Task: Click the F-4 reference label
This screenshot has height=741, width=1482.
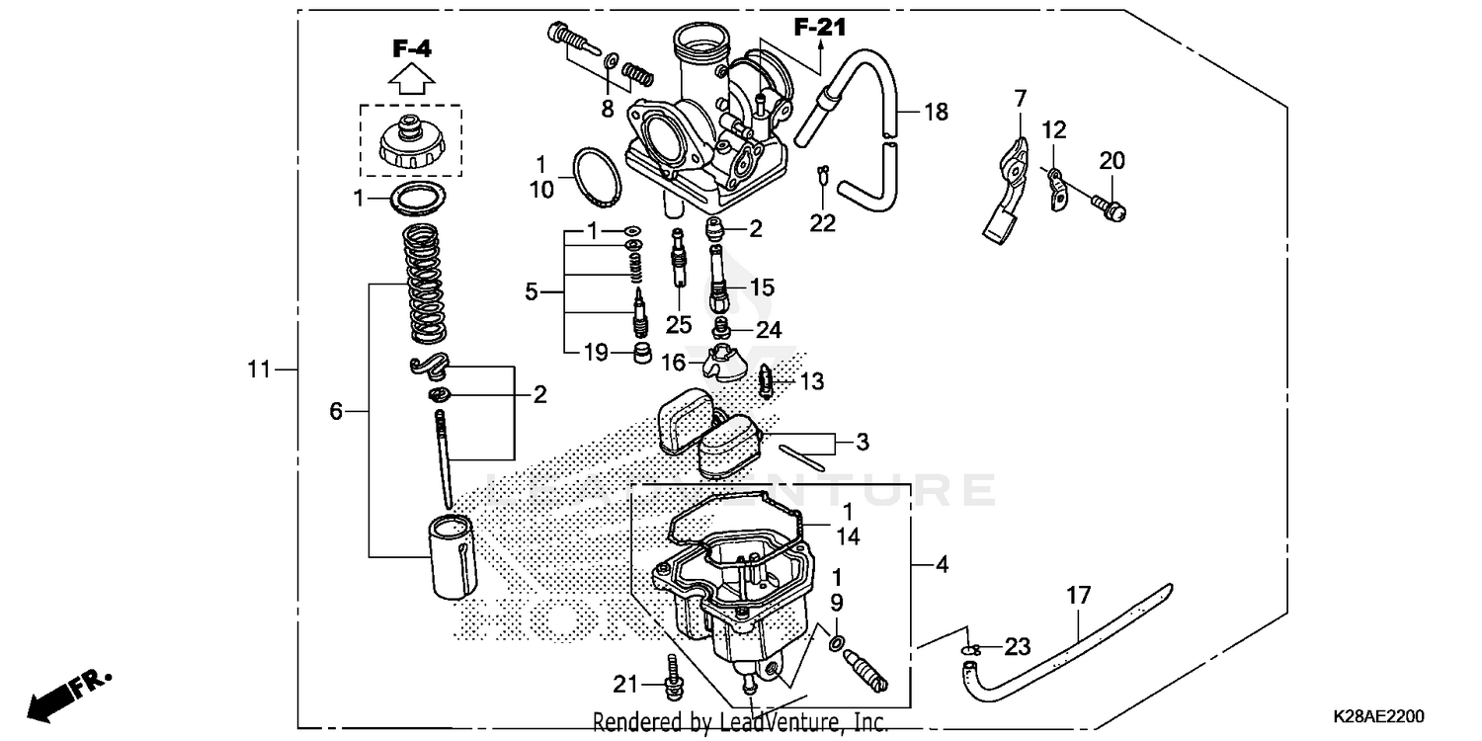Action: pos(412,47)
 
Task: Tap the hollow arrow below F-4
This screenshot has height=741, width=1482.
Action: pos(412,78)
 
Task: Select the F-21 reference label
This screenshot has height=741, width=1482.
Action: pos(820,28)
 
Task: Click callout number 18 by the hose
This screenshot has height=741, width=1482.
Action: pos(935,112)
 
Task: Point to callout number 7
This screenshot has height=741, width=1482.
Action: pos(1021,98)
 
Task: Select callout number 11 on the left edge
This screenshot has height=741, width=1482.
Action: pos(258,370)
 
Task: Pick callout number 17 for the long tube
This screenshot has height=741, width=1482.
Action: pos(1078,596)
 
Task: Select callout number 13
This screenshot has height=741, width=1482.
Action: pos(811,381)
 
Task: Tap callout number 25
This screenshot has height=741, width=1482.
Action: pos(679,325)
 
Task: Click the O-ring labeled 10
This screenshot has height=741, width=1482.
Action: pos(599,174)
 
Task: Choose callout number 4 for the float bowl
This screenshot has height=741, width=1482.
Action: pos(942,565)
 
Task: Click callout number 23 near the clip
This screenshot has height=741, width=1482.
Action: pos(1017,647)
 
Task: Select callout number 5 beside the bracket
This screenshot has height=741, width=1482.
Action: pos(532,291)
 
